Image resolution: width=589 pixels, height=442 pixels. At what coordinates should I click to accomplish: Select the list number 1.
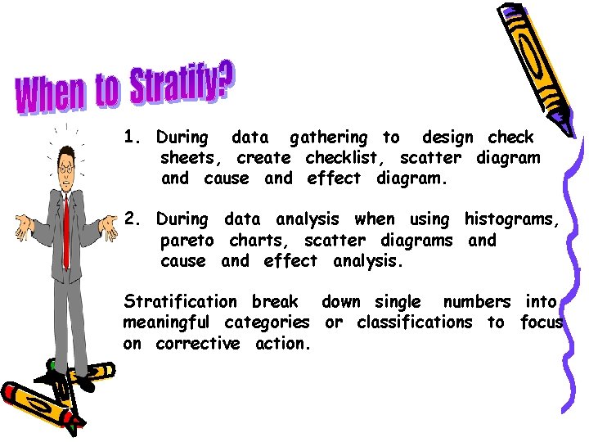(x=132, y=138)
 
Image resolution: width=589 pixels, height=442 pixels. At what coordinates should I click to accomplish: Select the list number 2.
(x=132, y=219)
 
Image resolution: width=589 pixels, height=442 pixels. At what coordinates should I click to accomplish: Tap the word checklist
(x=339, y=157)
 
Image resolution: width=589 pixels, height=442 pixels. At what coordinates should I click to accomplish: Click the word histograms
(x=512, y=219)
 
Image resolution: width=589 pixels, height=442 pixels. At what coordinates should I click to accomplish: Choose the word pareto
(x=187, y=241)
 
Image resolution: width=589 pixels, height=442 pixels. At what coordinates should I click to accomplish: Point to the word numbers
(x=476, y=301)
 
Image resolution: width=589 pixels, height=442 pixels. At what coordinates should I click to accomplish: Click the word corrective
(x=198, y=344)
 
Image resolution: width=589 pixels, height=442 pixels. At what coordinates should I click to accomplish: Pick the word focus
(x=542, y=322)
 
